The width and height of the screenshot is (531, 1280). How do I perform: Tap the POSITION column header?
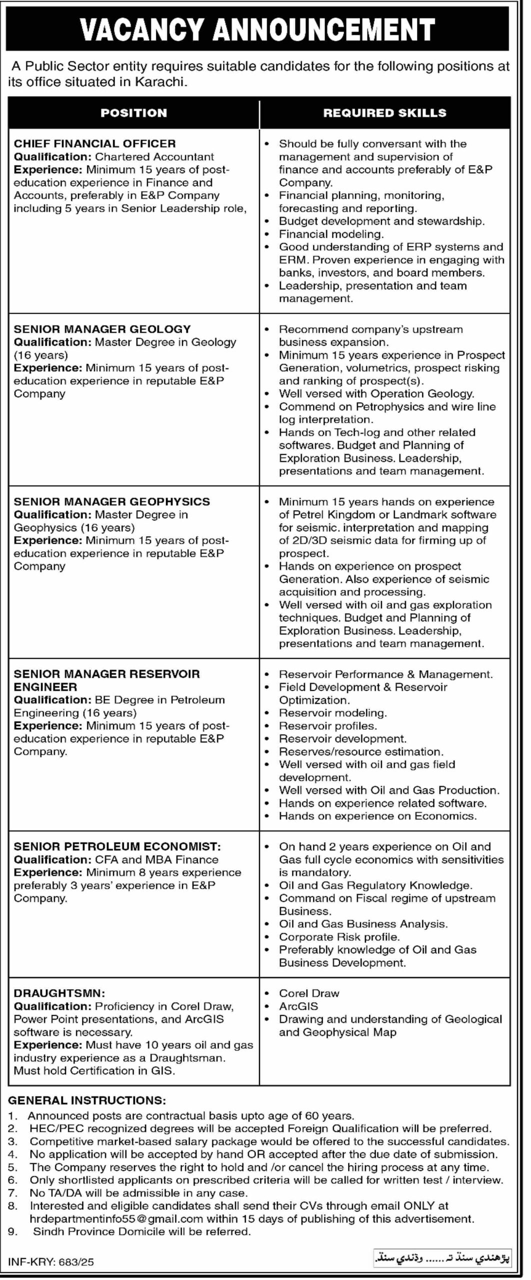tap(133, 113)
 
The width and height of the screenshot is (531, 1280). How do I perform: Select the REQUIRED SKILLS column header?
tap(384, 113)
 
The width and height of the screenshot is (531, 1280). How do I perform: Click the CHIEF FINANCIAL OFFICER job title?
tap(95, 144)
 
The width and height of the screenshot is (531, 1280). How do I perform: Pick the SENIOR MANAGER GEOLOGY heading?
tap(102, 329)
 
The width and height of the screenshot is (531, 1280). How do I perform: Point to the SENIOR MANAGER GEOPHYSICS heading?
tap(112, 501)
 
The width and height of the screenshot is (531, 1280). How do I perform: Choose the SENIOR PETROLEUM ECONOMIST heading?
tap(117, 846)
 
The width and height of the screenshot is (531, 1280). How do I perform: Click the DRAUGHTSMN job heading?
tap(59, 993)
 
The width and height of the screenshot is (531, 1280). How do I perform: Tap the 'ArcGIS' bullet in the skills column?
tap(298, 1006)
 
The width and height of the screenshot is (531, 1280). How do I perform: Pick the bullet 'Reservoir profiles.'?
tap(327, 725)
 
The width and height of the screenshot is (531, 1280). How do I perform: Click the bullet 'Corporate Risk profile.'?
tap(339, 937)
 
